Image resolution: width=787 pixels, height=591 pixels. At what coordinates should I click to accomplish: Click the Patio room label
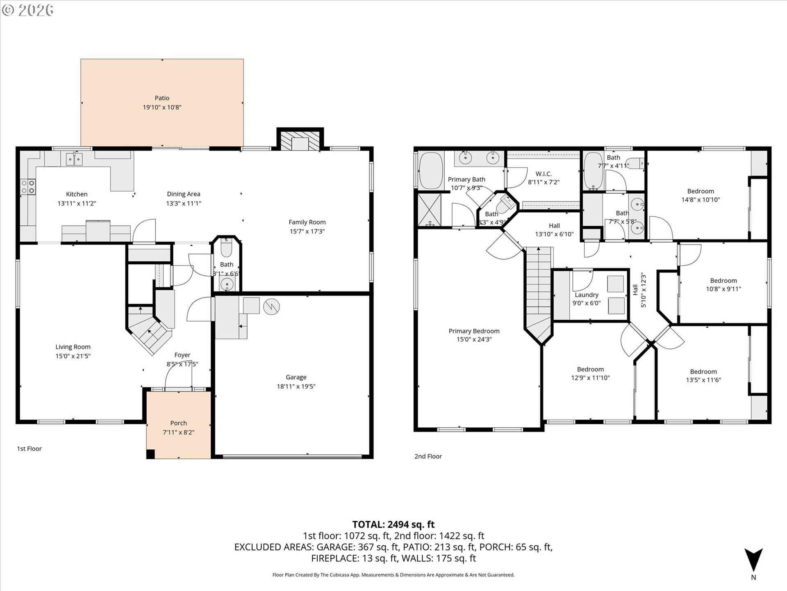point(162,98)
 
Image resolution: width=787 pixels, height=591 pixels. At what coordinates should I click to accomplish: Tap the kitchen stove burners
point(28,187)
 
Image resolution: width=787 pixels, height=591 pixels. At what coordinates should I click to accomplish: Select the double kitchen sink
point(74,159)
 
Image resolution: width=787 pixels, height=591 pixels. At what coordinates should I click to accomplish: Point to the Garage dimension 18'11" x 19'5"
point(296,386)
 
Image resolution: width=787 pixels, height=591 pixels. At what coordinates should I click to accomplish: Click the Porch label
point(178,423)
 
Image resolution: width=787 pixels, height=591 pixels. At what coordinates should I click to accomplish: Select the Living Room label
point(73,347)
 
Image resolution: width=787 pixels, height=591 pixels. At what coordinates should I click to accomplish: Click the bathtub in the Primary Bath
point(431,171)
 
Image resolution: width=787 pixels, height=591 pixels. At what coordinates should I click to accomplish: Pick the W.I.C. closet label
point(544,174)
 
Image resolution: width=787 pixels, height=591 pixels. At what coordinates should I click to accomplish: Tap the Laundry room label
point(587,295)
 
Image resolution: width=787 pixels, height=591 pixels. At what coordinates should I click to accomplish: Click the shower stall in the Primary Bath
point(429,209)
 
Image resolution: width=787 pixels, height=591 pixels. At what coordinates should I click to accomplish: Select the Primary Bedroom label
point(474,331)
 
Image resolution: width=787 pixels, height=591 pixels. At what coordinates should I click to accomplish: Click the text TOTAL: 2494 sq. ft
point(393,525)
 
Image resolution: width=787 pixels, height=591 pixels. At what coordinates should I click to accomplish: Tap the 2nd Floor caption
point(428,456)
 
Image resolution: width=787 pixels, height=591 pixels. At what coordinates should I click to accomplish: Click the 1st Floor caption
point(29,449)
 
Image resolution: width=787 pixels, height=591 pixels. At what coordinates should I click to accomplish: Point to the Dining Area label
point(183,194)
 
